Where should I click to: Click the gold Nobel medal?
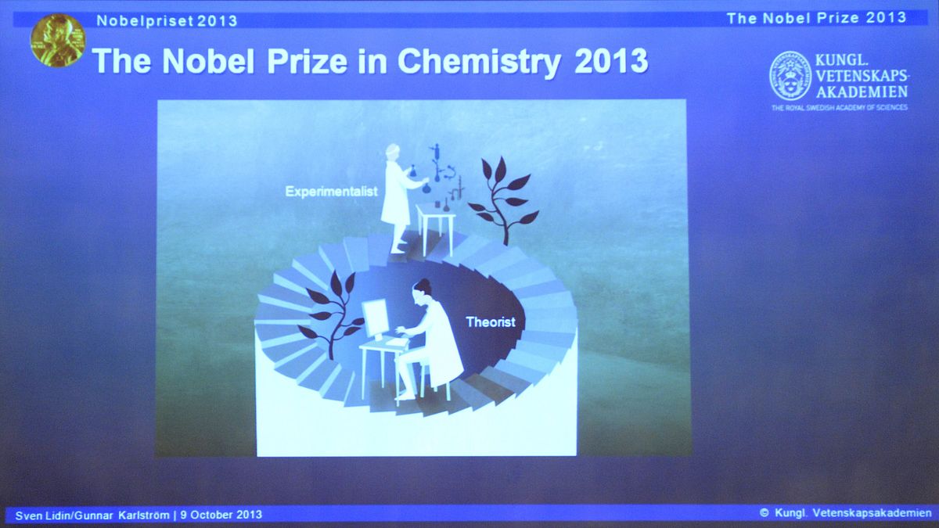(x=58, y=40)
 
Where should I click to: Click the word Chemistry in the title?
(x=479, y=63)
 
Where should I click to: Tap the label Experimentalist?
(x=331, y=192)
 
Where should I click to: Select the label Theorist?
(x=491, y=321)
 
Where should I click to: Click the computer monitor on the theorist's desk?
(x=376, y=319)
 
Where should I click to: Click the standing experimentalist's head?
(x=393, y=151)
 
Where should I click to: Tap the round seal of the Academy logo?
(x=790, y=76)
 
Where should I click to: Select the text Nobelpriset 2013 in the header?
(x=167, y=20)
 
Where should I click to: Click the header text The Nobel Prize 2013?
(x=816, y=18)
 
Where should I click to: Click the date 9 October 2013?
(x=221, y=515)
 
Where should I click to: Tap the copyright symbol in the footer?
(x=765, y=513)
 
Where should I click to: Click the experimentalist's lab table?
(x=436, y=228)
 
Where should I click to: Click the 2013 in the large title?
(x=611, y=62)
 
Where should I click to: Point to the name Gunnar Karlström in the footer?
(x=122, y=515)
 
